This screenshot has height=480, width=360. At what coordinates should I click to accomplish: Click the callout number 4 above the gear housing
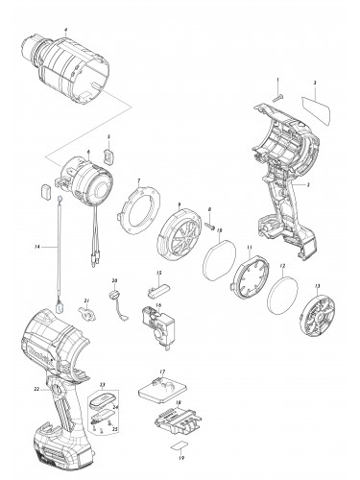pyautogui.click(x=64, y=31)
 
